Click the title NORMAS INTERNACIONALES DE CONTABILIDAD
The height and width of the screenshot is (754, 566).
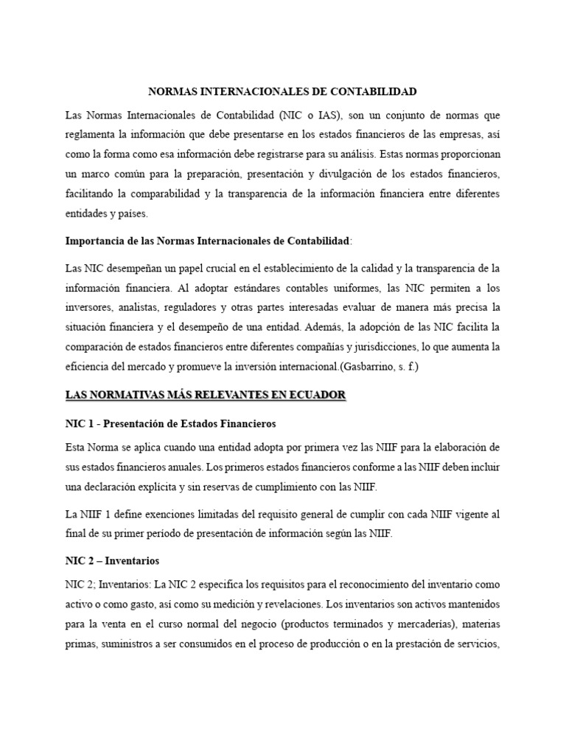click(x=282, y=92)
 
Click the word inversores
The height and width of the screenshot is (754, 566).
click(x=88, y=306)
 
